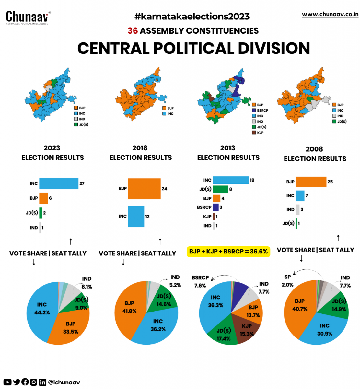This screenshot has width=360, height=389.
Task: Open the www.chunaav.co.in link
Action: pyautogui.click(x=330, y=14)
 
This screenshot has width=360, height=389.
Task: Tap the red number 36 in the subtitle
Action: pyautogui.click(x=133, y=31)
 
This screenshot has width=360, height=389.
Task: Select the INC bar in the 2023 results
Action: pyautogui.click(x=59, y=183)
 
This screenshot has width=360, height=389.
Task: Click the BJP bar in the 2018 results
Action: pyautogui.click(x=144, y=189)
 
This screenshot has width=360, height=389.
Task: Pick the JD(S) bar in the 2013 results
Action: pyautogui.click(x=220, y=189)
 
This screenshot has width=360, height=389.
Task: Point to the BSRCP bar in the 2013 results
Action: pyautogui.click(x=215, y=207)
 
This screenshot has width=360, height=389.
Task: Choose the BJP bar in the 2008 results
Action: pyautogui.click(x=311, y=182)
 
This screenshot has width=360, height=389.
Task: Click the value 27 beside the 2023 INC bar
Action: pyautogui.click(x=82, y=183)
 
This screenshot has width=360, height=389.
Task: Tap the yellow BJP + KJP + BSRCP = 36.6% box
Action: pyautogui.click(x=228, y=252)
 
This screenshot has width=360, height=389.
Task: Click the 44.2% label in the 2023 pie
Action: pyautogui.click(x=42, y=312)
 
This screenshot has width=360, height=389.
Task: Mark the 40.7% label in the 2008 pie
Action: pyautogui.click(x=300, y=309)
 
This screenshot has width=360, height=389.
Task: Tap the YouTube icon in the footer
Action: pyautogui.click(x=7, y=382)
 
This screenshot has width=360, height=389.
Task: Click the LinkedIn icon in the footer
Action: pyautogui.click(x=42, y=382)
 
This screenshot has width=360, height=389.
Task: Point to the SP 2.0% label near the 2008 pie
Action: pyautogui.click(x=287, y=281)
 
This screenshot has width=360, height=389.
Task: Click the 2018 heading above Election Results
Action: pyautogui.click(x=140, y=148)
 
